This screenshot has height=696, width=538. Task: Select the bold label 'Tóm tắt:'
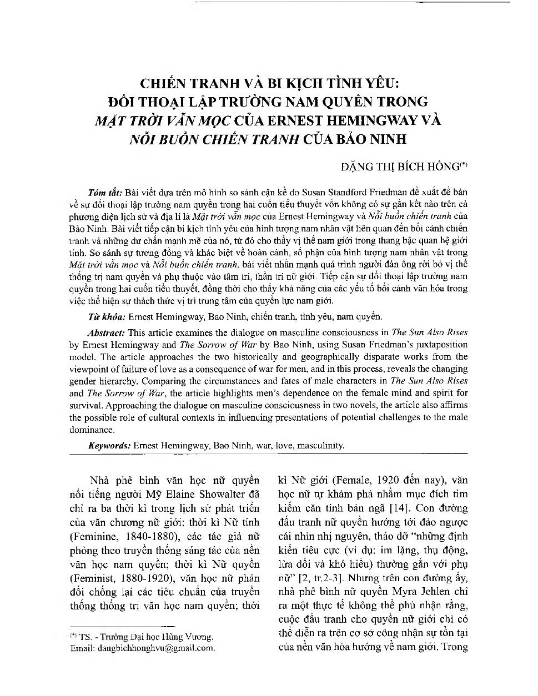pos(105,193)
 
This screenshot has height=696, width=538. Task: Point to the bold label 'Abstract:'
pos(107,332)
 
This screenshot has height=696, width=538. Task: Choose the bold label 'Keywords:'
pos(109,445)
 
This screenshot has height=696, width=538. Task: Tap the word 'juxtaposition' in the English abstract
pos(436,344)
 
